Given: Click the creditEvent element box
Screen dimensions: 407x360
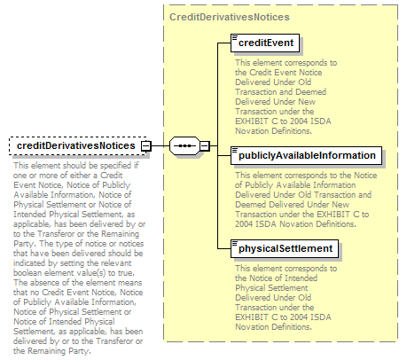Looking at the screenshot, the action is coord(265,43).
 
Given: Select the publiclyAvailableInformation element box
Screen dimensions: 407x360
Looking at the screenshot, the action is coord(306,155).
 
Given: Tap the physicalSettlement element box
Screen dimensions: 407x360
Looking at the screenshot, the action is coord(285,248).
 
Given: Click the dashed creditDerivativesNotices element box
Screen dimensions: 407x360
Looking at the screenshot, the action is coord(78,145).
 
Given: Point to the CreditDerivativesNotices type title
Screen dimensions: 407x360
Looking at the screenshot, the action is coord(230,17).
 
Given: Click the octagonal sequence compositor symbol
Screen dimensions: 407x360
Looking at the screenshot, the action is coord(184,145).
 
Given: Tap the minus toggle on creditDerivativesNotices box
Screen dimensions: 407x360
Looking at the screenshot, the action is coord(146,146).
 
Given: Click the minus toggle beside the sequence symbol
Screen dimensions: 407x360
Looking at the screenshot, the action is coord(205,146).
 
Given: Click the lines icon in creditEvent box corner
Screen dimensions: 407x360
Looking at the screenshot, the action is coord(235,37).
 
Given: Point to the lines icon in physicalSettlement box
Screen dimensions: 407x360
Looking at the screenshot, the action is coord(235,243).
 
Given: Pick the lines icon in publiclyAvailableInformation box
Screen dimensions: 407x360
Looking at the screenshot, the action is coord(235,150).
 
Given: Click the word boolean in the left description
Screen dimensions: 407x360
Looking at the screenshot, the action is coord(27,272).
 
